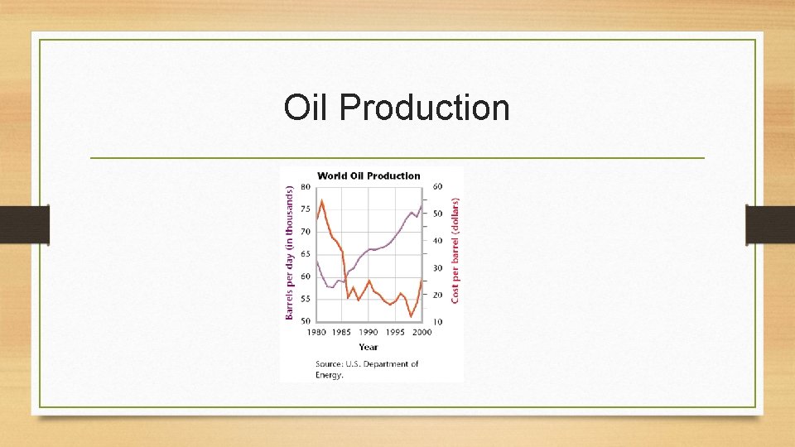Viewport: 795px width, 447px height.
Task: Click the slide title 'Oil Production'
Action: [x=396, y=108]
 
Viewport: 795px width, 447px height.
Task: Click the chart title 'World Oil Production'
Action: [x=369, y=175]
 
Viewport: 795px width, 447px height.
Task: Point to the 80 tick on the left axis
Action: [x=305, y=186]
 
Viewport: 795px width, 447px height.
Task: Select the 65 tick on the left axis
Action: [x=305, y=254]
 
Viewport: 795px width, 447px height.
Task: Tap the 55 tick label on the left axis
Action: [x=305, y=299]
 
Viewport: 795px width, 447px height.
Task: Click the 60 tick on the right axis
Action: [x=436, y=186]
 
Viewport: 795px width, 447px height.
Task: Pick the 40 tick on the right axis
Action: [x=436, y=241]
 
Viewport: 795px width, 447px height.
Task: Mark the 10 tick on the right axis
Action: [x=436, y=321]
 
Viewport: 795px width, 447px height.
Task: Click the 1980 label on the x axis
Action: [x=316, y=333]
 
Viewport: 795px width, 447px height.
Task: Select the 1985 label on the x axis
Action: [x=342, y=333]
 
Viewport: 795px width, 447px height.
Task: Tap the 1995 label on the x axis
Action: [x=395, y=333]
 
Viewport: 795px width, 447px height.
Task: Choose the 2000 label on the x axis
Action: [x=421, y=333]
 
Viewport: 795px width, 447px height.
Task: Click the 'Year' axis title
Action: [x=369, y=347]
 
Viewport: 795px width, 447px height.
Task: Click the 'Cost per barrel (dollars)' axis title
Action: [x=455, y=248]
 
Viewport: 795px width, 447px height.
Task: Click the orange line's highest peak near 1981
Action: [x=321, y=200]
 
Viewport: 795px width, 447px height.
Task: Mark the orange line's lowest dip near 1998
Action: [x=412, y=316]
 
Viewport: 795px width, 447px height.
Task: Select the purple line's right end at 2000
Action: [x=422, y=205]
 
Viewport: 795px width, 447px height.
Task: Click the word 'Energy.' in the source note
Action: [x=330, y=375]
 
